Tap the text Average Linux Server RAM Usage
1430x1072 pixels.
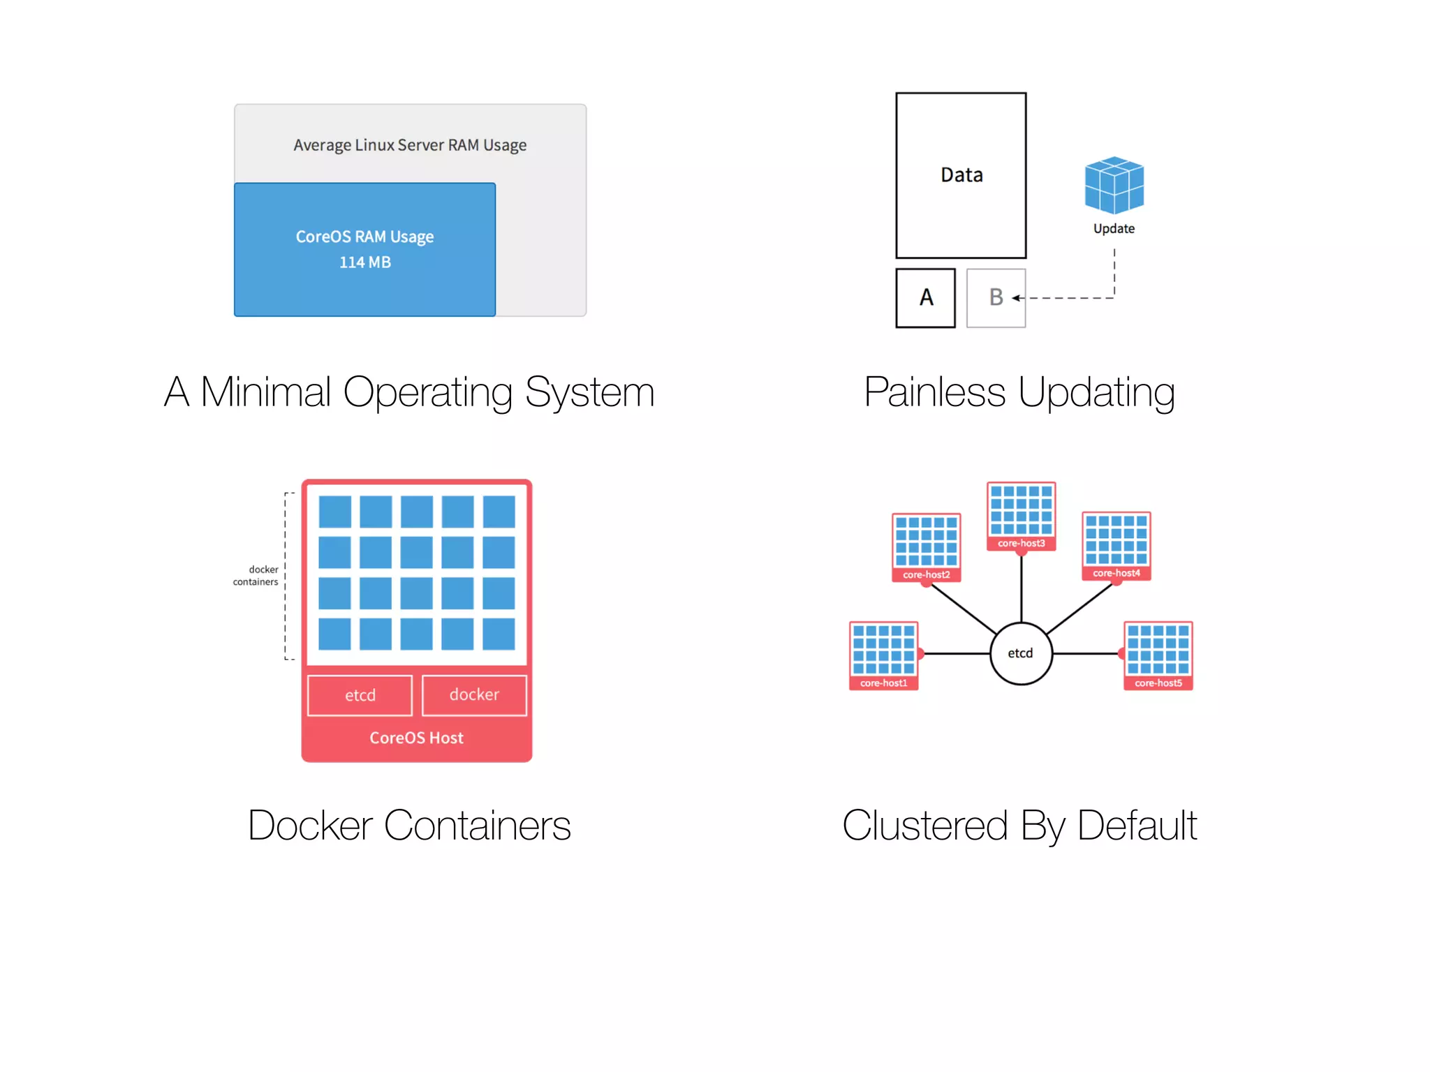click(410, 145)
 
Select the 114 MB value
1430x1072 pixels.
click(364, 262)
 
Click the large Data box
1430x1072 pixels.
click(961, 174)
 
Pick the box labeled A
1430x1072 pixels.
click(926, 298)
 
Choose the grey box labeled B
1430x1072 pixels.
click(996, 298)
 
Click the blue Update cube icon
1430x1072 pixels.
click(1114, 185)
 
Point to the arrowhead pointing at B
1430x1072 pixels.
click(1016, 298)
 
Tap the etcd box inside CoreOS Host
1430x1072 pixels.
click(360, 695)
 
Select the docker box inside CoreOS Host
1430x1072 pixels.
click(474, 694)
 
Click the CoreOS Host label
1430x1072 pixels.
click(416, 738)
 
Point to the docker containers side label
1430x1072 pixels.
click(256, 576)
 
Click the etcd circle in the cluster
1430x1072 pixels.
click(1020, 653)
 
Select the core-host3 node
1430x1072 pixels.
click(1021, 516)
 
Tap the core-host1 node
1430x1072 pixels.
click(883, 655)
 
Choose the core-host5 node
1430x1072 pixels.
click(1158, 655)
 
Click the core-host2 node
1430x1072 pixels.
click(926, 547)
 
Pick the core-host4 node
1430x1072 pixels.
click(1116, 546)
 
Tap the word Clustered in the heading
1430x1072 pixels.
click(924, 826)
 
